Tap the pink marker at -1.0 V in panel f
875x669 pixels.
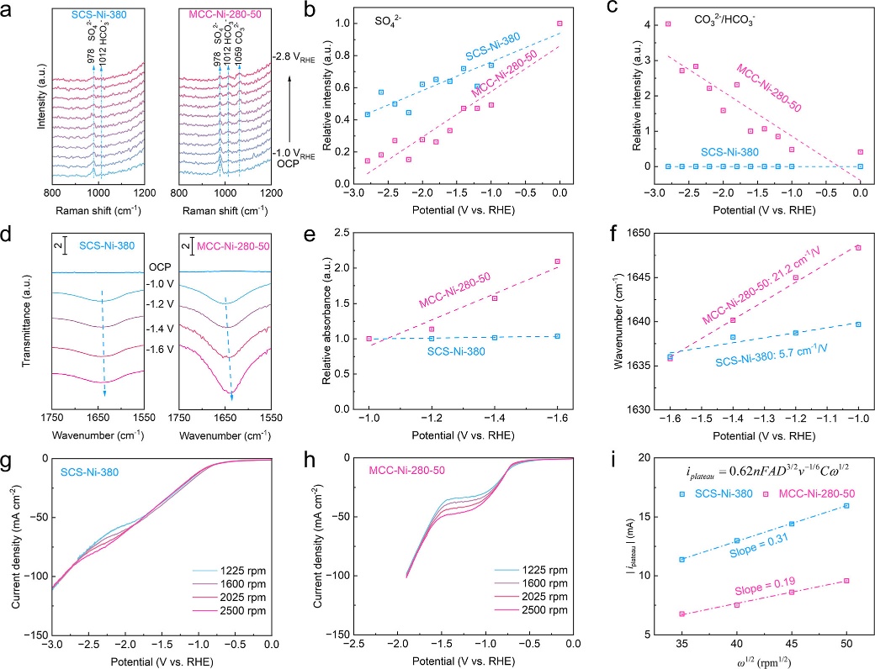click(858, 248)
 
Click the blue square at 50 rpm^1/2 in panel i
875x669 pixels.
click(846, 506)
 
